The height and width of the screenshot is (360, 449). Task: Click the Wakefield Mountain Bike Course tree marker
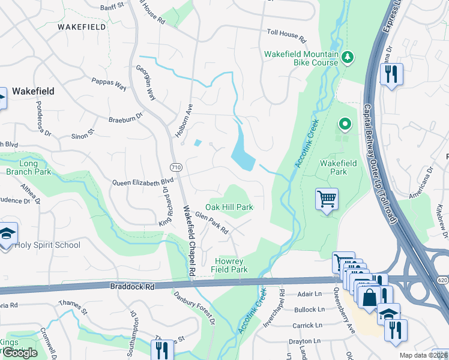pos(347,57)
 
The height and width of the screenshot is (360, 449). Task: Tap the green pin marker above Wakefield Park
pos(345,125)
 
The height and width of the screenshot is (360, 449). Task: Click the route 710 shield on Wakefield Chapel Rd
pos(175,166)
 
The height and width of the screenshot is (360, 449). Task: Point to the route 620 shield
pos(442,280)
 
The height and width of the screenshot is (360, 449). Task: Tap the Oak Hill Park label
pos(229,207)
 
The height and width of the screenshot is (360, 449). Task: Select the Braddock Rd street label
pos(132,287)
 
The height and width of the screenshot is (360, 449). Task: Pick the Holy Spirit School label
pos(47,245)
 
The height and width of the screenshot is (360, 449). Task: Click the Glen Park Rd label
pos(212,225)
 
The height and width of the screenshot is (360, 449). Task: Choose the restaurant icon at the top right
pos(391,74)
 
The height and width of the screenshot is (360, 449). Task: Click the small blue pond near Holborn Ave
pos(198,143)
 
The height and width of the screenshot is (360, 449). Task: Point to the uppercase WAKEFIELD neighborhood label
pos(82,27)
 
